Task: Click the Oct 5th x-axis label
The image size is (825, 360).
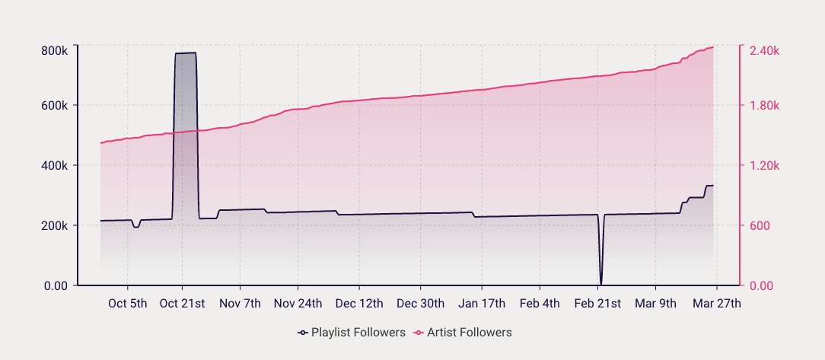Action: (127, 303)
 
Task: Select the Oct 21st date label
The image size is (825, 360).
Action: (183, 303)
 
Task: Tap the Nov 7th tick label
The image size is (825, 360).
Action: (240, 303)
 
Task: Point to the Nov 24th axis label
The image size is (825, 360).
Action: (298, 303)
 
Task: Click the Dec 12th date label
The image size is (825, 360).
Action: (359, 303)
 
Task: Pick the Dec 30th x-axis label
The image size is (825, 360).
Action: (420, 303)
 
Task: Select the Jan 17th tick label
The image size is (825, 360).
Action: (481, 303)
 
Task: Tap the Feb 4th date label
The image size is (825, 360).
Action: (540, 303)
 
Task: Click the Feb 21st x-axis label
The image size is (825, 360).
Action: (597, 303)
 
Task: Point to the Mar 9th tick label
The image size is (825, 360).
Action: (655, 303)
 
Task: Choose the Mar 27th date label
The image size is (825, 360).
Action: (717, 303)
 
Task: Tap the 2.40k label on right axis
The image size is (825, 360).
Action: (764, 50)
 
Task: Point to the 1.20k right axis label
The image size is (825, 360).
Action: (764, 166)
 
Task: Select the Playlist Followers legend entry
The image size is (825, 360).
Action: (350, 333)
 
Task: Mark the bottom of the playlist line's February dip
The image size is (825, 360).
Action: (601, 283)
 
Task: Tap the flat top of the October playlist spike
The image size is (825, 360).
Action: (186, 53)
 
